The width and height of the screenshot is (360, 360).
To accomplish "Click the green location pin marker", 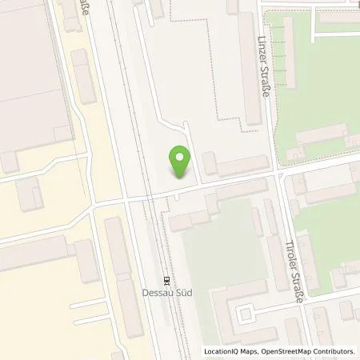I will [180, 161].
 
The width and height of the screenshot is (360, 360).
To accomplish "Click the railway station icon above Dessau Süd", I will [166, 280].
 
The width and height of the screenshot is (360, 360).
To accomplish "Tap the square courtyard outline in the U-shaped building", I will [247, 312].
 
